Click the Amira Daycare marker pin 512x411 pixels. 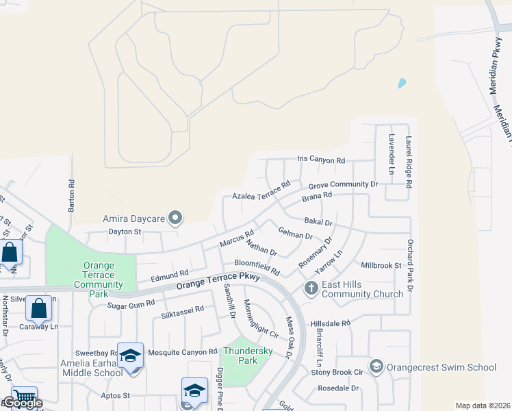click(x=176, y=219)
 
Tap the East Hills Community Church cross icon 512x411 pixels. click(x=311, y=288)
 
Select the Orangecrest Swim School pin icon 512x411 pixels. click(x=376, y=367)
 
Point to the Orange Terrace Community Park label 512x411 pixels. click(x=98, y=279)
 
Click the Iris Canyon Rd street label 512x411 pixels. click(x=321, y=160)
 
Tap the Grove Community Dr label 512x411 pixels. click(x=343, y=185)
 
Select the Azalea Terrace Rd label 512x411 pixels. click(x=261, y=190)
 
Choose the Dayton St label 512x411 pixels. click(x=124, y=232)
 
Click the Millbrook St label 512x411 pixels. click(x=380, y=265)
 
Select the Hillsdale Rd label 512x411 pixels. click(x=330, y=323)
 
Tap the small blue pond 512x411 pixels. click(x=402, y=84)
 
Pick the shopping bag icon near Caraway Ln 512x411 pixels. click(x=39, y=309)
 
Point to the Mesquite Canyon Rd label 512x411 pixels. click(x=183, y=351)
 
